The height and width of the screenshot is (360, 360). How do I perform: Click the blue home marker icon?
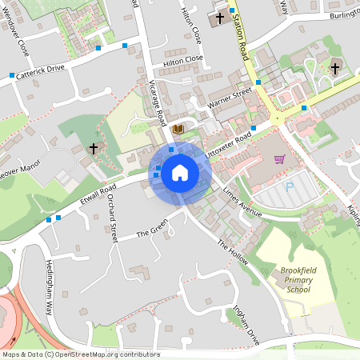[x=180, y=173]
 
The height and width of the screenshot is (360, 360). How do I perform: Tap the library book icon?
[x=178, y=129]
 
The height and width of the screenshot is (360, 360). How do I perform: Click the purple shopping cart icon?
[x=279, y=158]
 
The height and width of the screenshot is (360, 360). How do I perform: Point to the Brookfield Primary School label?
[x=298, y=280]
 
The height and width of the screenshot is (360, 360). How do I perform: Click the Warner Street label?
[x=230, y=101]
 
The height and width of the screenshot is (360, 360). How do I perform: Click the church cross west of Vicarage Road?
[x=93, y=149]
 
